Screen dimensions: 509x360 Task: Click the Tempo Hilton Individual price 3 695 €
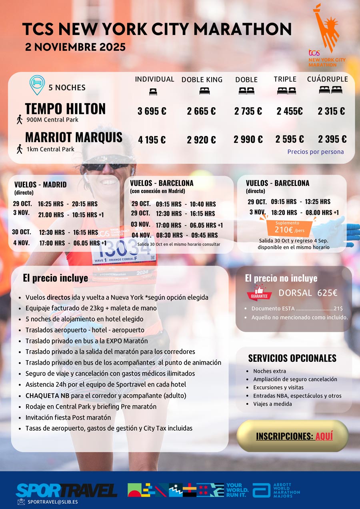coord(152,111)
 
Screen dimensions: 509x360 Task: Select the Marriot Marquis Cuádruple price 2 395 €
coord(332,139)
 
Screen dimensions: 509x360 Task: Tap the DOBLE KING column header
coord(202,80)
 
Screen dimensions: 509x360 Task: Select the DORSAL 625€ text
coord(308,293)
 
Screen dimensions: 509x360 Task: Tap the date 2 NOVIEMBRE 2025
coord(75,47)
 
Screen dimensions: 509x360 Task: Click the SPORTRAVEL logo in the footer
coord(66,490)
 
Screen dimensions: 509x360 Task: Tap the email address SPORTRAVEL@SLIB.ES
coord(52,501)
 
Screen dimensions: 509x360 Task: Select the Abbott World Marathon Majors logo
coord(276,490)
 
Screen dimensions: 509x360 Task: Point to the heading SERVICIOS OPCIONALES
coord(292,358)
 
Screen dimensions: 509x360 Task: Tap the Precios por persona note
coord(315,152)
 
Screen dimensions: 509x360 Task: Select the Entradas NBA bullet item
coord(297,395)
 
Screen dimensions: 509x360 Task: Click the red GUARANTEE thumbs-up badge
coord(259,293)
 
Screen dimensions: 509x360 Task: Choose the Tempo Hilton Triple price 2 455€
coord(290,111)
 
